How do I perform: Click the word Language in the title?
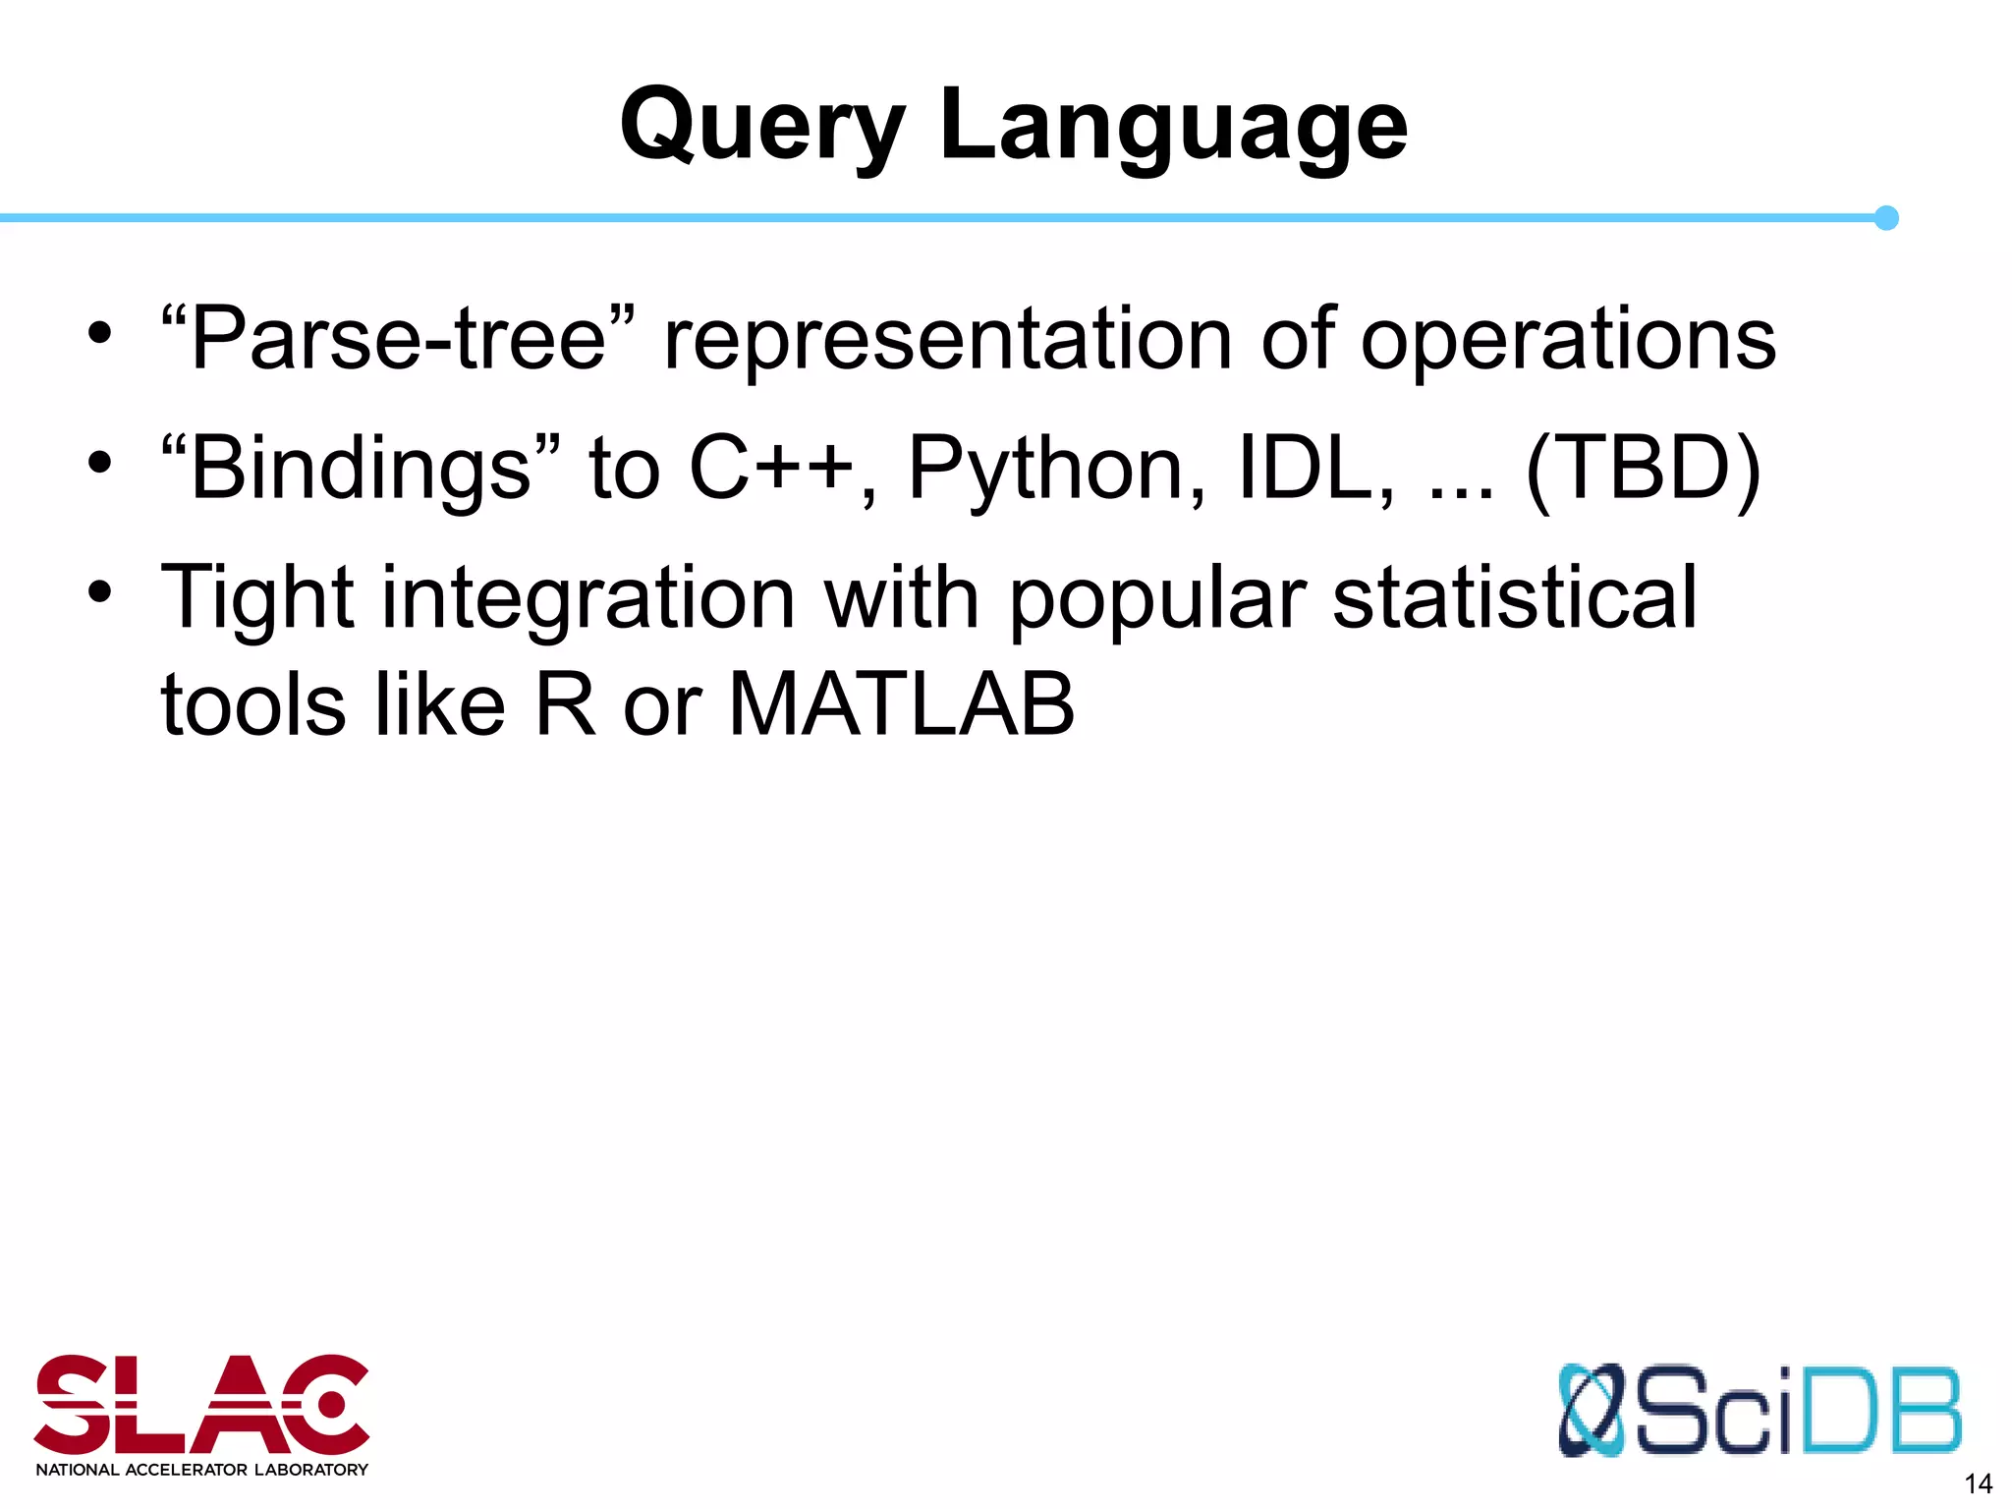[x=1173, y=128]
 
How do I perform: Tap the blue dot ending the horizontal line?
[x=1885, y=218]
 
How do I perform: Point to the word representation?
[x=948, y=339]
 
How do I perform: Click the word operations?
[x=1568, y=339]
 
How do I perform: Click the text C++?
[x=771, y=469]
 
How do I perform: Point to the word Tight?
[x=256, y=598]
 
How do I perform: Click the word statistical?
[x=1514, y=598]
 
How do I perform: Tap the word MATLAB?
[x=901, y=704]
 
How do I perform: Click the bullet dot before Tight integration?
[x=99, y=592]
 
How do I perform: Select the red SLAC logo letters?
[x=201, y=1405]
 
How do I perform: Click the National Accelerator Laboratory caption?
[x=201, y=1470]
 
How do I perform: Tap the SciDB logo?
[x=1759, y=1411]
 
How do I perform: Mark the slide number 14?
[x=1977, y=1483]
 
